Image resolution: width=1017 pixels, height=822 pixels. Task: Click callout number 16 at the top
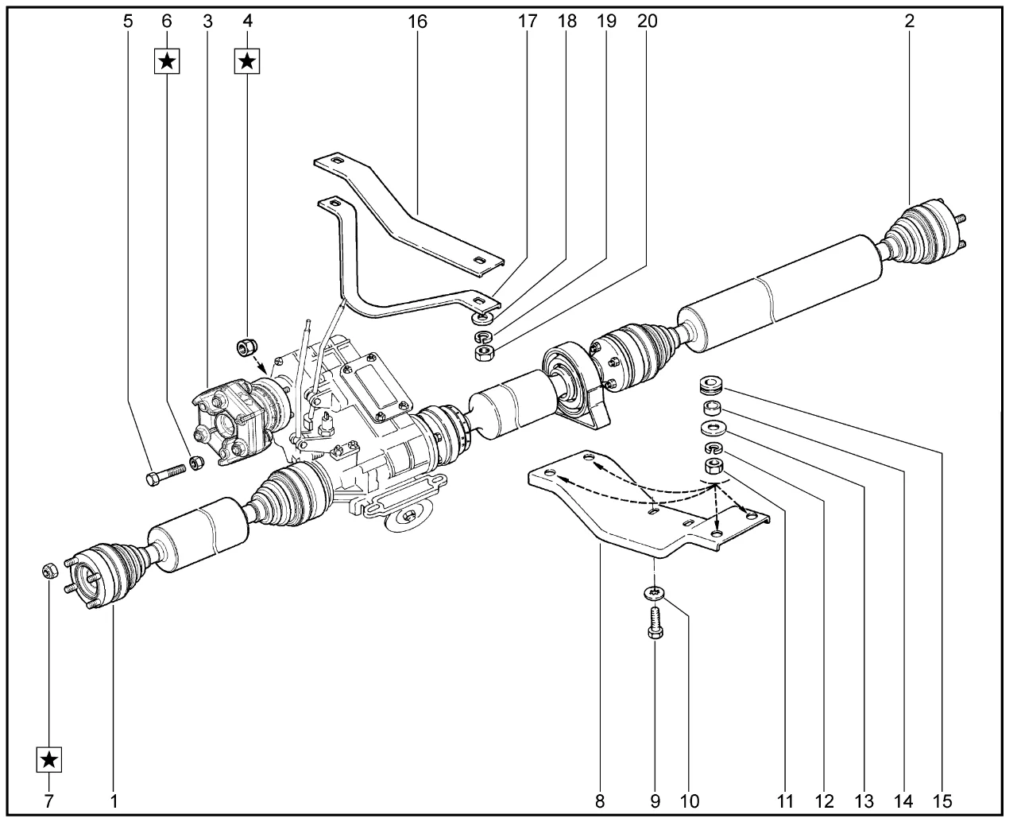pyautogui.click(x=418, y=21)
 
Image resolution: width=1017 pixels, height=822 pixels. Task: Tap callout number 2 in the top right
pyautogui.click(x=909, y=21)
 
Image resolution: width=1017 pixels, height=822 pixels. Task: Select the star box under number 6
pyautogui.click(x=167, y=60)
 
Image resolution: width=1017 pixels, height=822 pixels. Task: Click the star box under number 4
pyautogui.click(x=247, y=60)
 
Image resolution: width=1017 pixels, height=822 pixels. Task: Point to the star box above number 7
pyautogui.click(x=49, y=760)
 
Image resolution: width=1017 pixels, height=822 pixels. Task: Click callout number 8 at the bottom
pyautogui.click(x=600, y=800)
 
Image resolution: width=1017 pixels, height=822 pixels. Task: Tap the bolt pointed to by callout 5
pyautogui.click(x=165, y=474)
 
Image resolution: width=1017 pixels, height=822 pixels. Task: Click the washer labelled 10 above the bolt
pyautogui.click(x=653, y=593)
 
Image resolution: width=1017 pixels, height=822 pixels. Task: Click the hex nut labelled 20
pyautogui.click(x=482, y=351)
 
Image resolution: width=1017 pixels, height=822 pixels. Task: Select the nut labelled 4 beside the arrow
pyautogui.click(x=245, y=347)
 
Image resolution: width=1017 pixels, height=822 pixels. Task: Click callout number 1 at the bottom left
pyautogui.click(x=114, y=800)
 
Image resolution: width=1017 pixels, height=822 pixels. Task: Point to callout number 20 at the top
pyautogui.click(x=648, y=21)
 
